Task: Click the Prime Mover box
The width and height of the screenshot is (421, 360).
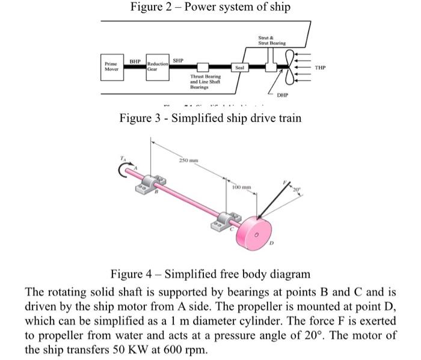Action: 111,65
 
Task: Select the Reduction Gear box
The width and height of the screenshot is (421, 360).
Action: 158,66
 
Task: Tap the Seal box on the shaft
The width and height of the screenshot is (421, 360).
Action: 239,67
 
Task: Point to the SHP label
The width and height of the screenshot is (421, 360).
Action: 178,61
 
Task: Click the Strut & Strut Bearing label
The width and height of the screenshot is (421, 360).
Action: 272,40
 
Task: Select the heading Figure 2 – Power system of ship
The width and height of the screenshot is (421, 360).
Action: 210,7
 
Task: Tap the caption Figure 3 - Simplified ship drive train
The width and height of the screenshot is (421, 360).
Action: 210,117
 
